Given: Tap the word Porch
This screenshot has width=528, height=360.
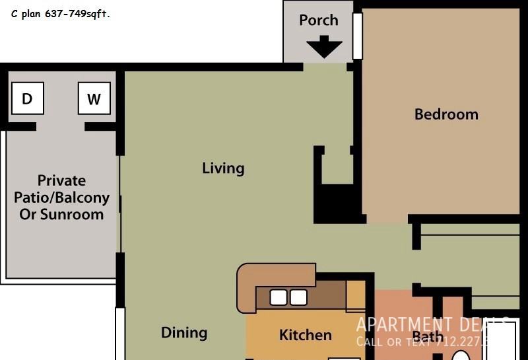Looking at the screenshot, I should click(319, 20).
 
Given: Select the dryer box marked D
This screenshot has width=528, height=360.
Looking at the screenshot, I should click(27, 99).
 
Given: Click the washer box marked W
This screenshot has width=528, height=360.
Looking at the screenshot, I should click(94, 99).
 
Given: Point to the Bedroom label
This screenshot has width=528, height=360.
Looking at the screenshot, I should click(446, 114).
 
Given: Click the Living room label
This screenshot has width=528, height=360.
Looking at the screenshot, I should click(223, 168).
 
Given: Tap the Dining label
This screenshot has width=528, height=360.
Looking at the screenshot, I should click(184, 333).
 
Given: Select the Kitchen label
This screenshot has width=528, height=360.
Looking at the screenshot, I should click(306, 335).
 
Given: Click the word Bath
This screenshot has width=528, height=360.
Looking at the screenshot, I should click(428, 337).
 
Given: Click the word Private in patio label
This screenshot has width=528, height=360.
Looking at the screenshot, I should click(61, 180).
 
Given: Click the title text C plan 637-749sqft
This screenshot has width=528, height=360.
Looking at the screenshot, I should click(61, 14).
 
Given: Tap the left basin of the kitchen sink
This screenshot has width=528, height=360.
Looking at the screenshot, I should click(279, 298).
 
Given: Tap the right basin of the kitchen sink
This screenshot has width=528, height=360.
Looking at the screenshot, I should click(298, 298).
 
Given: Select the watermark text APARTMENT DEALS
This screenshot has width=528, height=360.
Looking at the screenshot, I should click(432, 325).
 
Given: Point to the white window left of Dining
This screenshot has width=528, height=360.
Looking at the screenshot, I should click(119, 334).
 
